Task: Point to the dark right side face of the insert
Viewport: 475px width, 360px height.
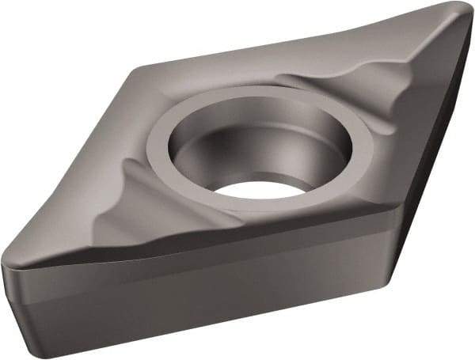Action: coord(431,198)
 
